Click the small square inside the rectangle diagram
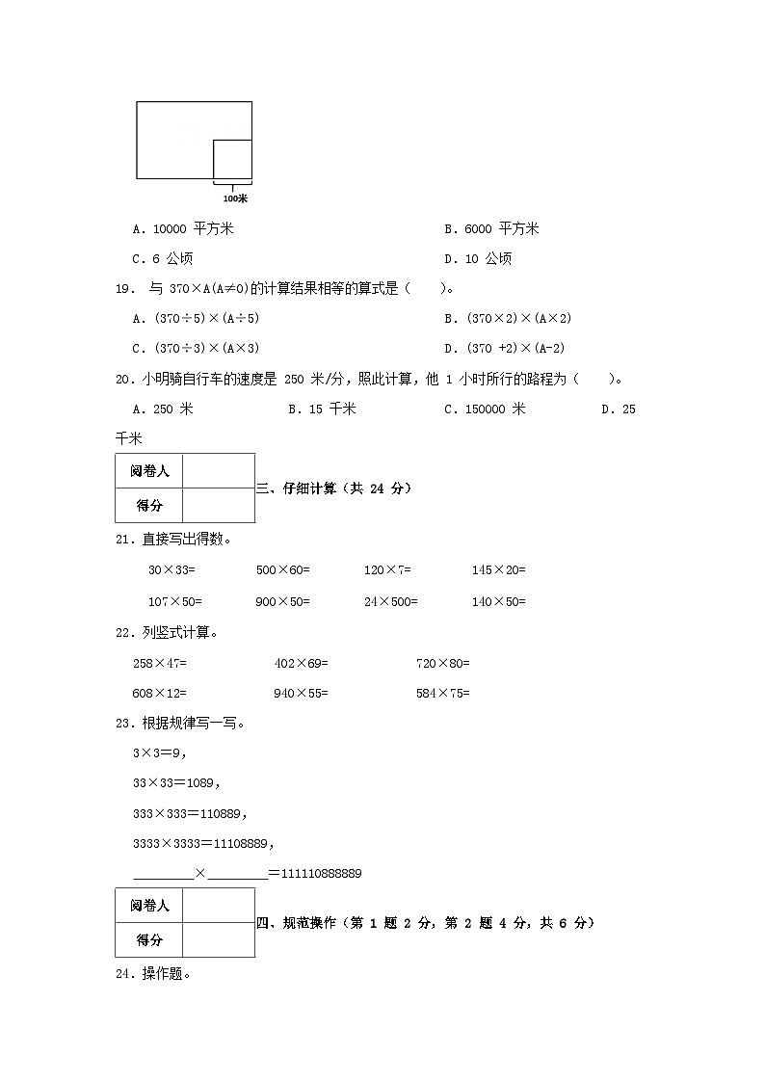coord(232,159)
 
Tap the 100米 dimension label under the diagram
coord(235,198)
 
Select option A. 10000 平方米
coord(183,229)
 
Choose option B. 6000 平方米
coord(491,229)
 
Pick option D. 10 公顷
coord(478,258)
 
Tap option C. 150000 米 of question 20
coord(485,409)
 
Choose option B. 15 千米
coord(322,409)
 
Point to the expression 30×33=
coord(171,570)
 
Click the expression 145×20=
coord(498,570)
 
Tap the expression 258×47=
coord(159,663)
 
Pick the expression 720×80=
coord(442,663)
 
